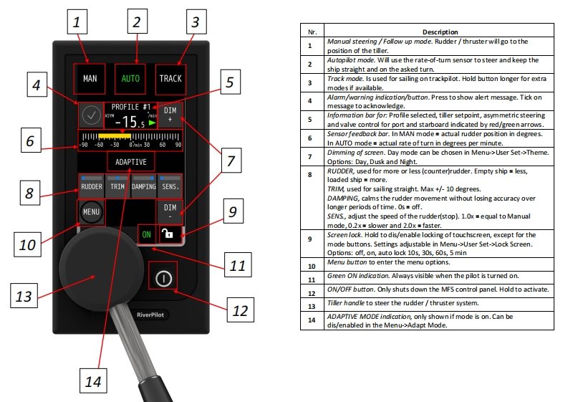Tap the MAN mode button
[90, 78]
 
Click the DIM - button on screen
[170, 212]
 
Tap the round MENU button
[91, 212]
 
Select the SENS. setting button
[170, 186]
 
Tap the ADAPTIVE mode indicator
[130, 163]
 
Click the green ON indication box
[147, 234]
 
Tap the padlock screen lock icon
[170, 234]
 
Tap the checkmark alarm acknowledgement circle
[91, 115]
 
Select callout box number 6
[29, 141]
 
